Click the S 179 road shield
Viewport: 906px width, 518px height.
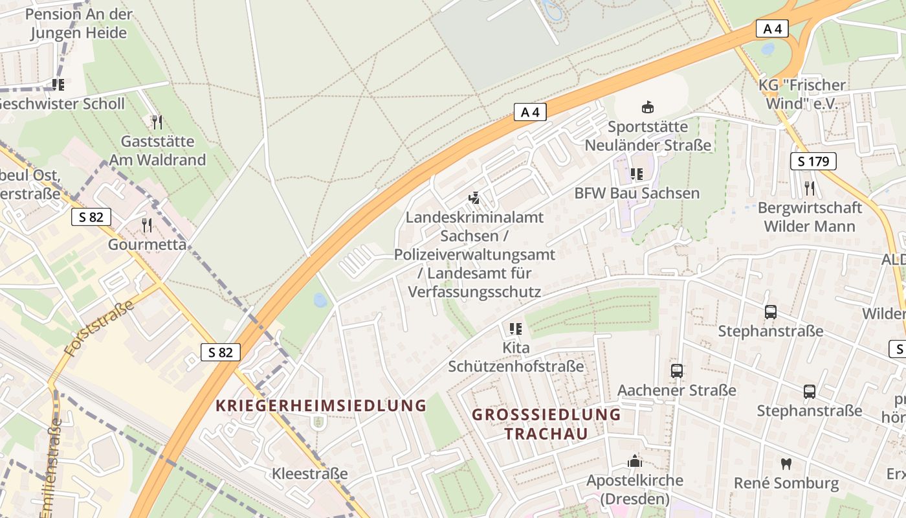pyautogui.click(x=813, y=161)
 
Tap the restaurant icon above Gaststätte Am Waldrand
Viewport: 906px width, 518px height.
pyautogui.click(x=157, y=122)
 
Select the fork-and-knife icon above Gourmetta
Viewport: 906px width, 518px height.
pyautogui.click(x=147, y=225)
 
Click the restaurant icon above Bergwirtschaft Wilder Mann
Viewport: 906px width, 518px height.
pyautogui.click(x=810, y=188)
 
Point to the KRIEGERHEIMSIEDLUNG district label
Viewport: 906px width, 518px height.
pyautogui.click(x=321, y=406)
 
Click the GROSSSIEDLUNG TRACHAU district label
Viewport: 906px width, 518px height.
pyautogui.click(x=546, y=424)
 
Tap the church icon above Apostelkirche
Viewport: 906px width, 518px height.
pyautogui.click(x=634, y=461)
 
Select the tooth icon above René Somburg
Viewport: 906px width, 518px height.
pyautogui.click(x=786, y=464)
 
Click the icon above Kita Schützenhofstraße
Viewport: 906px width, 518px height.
pyautogui.click(x=516, y=329)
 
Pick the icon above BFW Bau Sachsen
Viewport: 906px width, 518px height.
pyautogui.click(x=637, y=174)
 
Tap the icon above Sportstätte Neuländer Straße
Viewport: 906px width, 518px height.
pyautogui.click(x=647, y=106)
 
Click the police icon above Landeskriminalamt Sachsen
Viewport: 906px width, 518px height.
pyautogui.click(x=474, y=197)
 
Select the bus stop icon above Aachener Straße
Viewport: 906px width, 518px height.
pyautogui.click(x=677, y=371)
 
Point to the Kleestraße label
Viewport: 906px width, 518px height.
pyautogui.click(x=310, y=473)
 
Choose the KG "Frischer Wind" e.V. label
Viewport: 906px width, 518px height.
pyautogui.click(x=802, y=94)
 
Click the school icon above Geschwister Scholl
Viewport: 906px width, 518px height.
pyautogui.click(x=58, y=84)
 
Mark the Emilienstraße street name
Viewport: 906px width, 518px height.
pyautogui.click(x=52, y=469)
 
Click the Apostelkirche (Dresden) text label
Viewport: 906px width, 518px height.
pyautogui.click(x=634, y=490)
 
